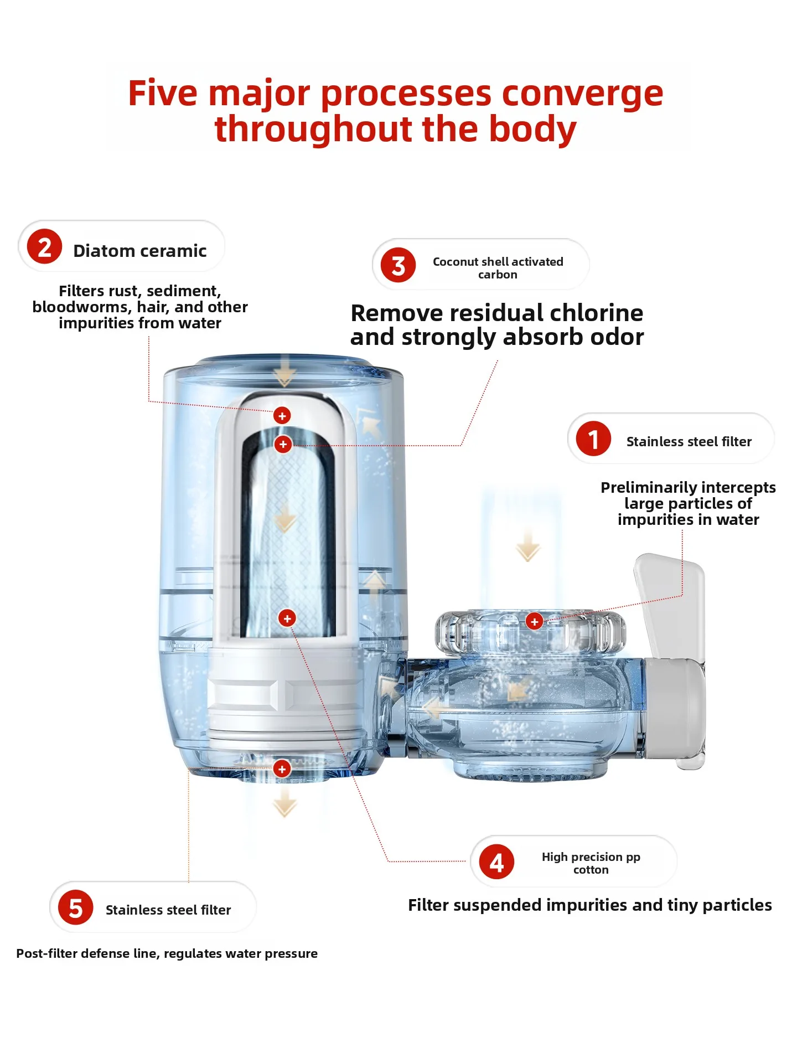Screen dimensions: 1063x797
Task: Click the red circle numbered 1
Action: [593, 438]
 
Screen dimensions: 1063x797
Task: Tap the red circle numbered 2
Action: [44, 246]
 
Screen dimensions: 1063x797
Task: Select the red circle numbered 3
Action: [398, 265]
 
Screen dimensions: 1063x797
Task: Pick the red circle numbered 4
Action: [496, 862]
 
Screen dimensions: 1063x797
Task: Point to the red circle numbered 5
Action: [75, 908]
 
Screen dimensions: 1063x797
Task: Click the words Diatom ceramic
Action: [139, 251]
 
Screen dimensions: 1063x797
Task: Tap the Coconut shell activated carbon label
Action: [498, 268]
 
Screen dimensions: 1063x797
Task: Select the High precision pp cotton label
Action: [591, 863]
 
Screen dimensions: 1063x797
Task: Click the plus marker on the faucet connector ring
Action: [534, 622]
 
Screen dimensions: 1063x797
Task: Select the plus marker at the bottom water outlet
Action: [282, 768]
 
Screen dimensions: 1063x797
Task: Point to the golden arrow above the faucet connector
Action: [527, 547]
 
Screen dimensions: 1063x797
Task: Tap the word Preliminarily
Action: [644, 487]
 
